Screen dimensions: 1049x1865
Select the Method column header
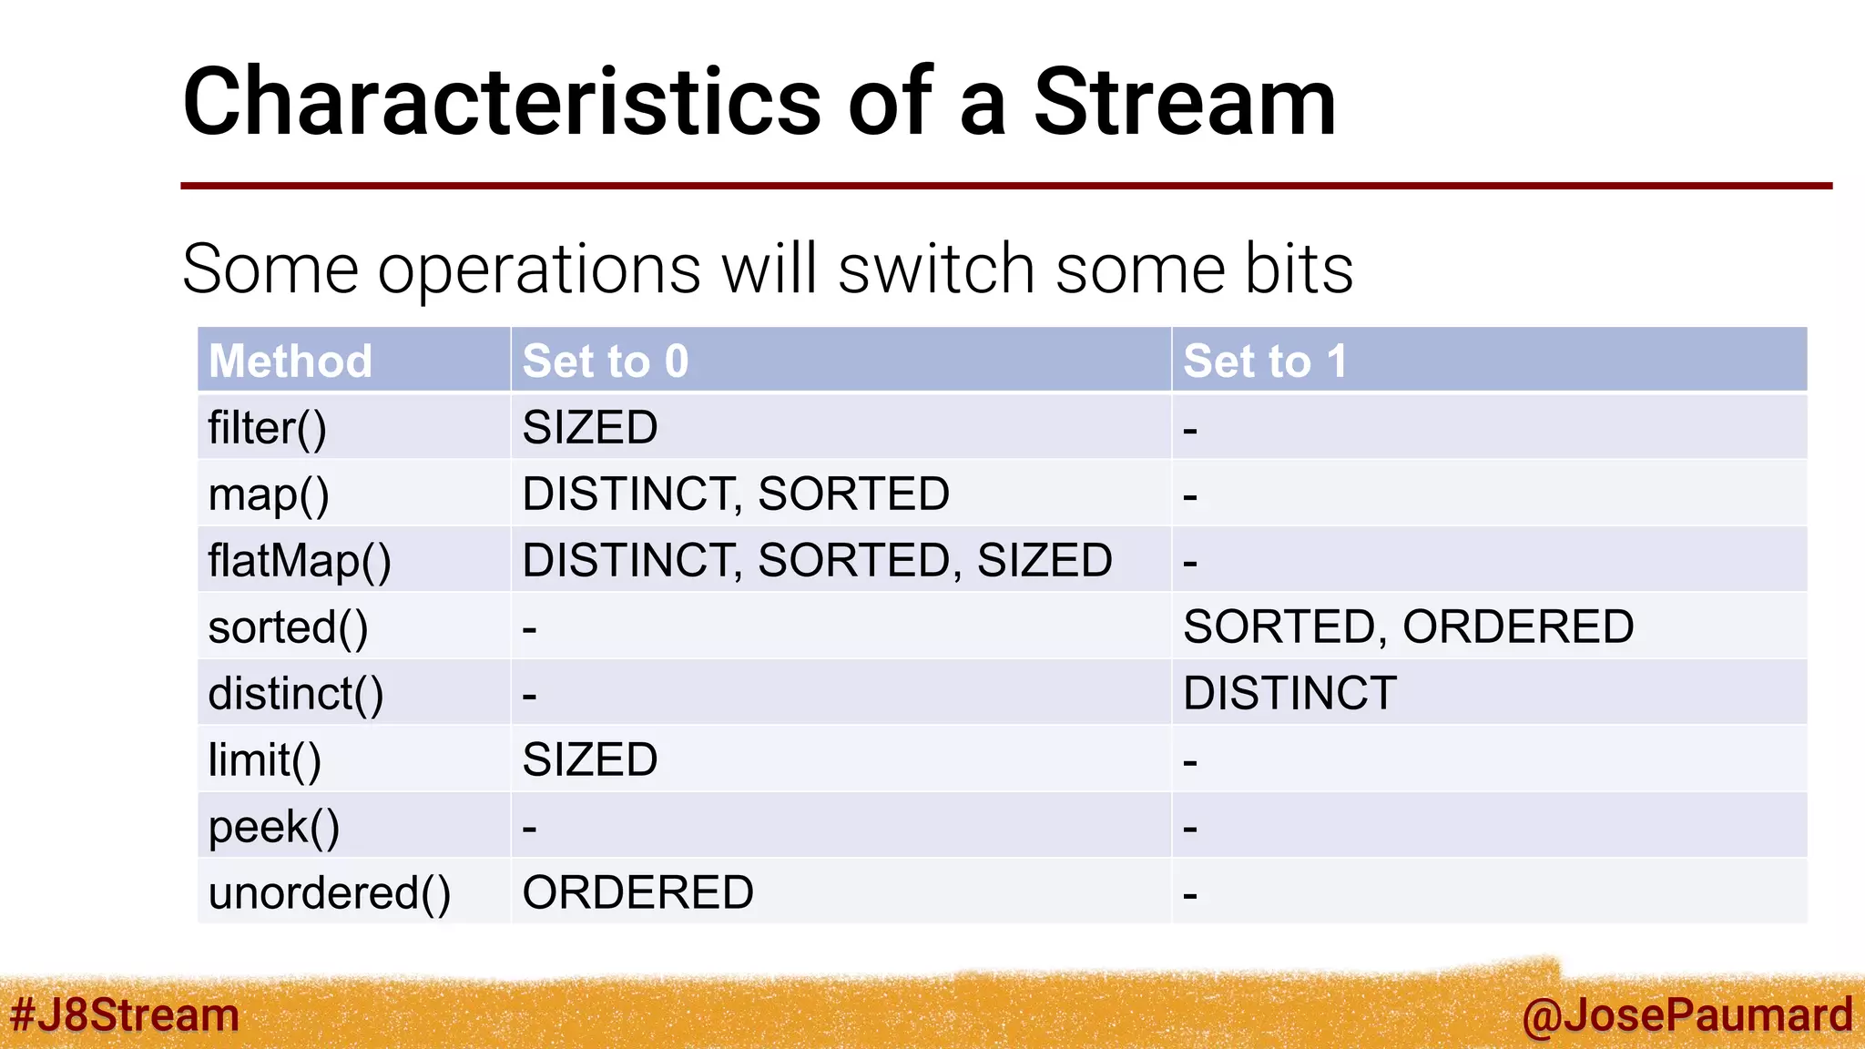click(x=290, y=361)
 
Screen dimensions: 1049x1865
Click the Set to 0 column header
click(x=606, y=361)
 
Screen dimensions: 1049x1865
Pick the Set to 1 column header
click(x=1264, y=361)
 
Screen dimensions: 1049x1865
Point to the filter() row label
click(x=267, y=428)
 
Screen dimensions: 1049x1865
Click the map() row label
click(x=269, y=495)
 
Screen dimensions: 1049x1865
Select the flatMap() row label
click(x=300, y=561)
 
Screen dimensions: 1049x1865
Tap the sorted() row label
click(x=288, y=627)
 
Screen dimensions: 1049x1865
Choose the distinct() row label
click(x=296, y=694)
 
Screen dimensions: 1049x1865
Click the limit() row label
click(x=265, y=760)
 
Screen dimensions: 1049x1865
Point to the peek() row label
click(x=274, y=827)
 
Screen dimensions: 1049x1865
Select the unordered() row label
click(x=330, y=893)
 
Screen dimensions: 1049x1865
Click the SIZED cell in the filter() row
click(x=590, y=428)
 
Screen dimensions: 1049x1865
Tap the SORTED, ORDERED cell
click(x=1408, y=627)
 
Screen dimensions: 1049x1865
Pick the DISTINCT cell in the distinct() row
click(x=1289, y=694)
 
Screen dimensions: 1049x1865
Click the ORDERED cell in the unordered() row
click(x=637, y=893)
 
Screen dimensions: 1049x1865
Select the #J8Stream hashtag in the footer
click(x=124, y=1015)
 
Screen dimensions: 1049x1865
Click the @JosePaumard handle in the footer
click(x=1687, y=1015)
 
